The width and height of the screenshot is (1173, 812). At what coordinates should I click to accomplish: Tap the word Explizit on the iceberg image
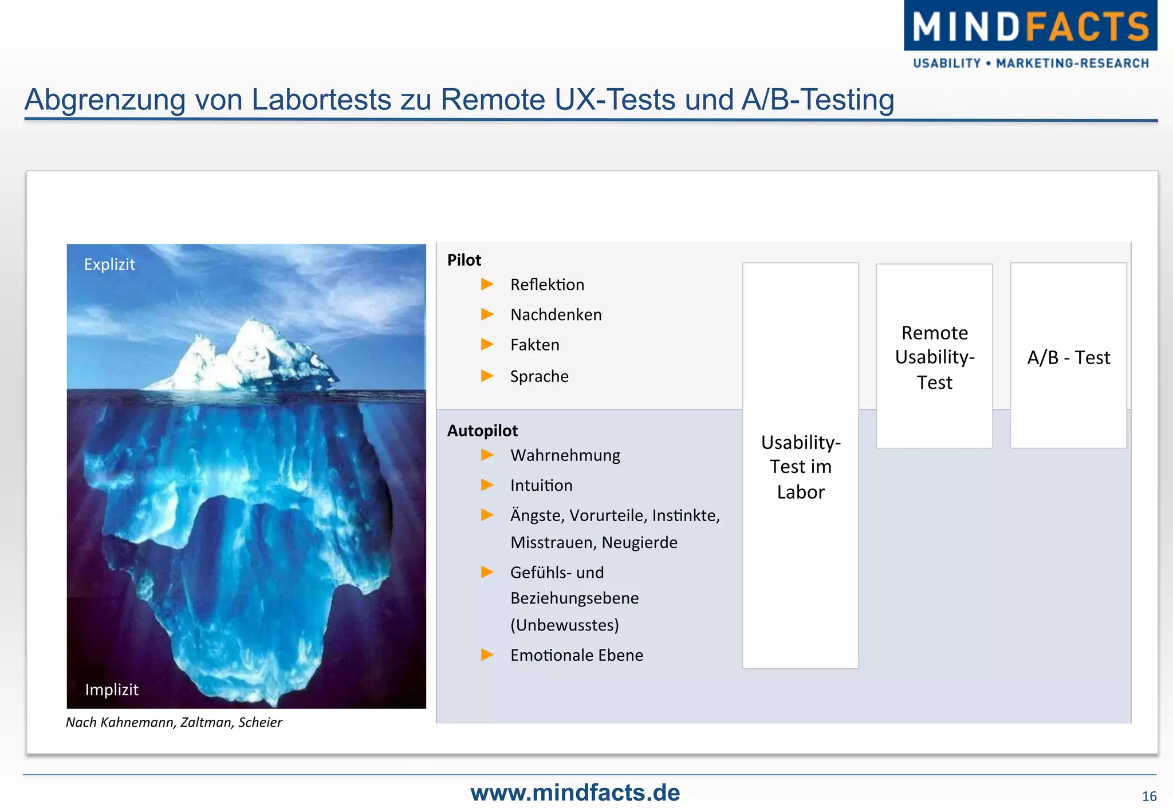click(109, 265)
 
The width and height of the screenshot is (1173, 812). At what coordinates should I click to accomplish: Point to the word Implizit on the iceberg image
click(112, 689)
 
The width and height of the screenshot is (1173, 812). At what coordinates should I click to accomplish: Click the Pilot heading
click(464, 261)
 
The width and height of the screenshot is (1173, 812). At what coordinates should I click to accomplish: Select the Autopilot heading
click(482, 431)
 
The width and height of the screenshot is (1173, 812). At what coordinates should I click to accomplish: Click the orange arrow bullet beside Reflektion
click(487, 284)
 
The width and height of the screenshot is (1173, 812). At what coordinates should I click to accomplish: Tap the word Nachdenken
click(556, 315)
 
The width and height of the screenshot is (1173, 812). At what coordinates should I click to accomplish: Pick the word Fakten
click(534, 345)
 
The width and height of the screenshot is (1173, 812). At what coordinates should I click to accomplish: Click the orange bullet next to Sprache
click(487, 376)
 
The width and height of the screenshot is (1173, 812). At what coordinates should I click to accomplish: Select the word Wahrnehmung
click(565, 455)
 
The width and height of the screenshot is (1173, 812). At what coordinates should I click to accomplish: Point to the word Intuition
click(541, 486)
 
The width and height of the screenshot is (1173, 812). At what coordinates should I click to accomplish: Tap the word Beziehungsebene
click(574, 598)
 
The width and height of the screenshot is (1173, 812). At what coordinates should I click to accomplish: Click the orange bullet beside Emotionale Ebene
click(487, 655)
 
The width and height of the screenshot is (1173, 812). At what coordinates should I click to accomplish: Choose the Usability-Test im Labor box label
click(800, 467)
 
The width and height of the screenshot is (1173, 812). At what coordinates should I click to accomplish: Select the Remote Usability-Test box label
click(934, 357)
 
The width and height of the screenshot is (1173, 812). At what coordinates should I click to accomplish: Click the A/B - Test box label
click(1068, 357)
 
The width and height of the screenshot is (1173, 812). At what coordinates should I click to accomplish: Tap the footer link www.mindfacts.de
click(575, 793)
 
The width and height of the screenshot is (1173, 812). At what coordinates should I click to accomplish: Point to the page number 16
click(1149, 797)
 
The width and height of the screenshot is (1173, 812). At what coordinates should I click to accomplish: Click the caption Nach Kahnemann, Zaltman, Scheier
click(174, 723)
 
